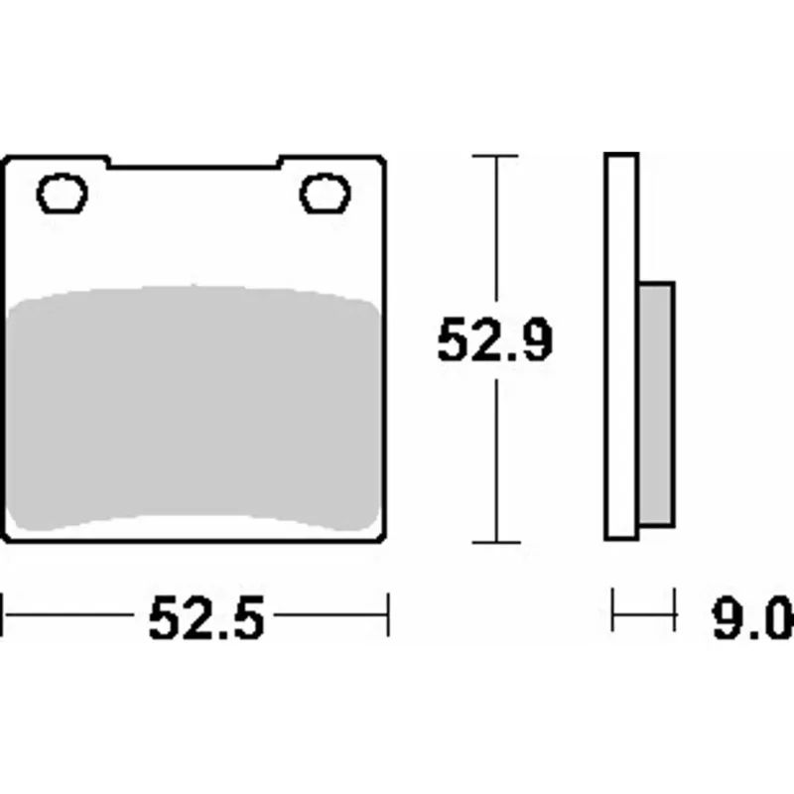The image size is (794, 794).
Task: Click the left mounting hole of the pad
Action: pos(62,193)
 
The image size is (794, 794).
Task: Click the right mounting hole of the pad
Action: pos(326,193)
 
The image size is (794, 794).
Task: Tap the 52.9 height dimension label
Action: pos(494,338)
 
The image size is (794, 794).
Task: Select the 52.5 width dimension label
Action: pos(206,617)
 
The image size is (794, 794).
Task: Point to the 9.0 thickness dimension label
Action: pos(753,617)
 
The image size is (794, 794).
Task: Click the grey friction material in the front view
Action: pos(194,408)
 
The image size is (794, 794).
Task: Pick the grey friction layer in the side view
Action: pos(656,404)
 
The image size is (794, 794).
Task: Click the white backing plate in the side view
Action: pos(621,346)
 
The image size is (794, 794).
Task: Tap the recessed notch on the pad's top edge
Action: pos(194,163)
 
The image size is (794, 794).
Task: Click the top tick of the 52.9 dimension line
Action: pos(495,156)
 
